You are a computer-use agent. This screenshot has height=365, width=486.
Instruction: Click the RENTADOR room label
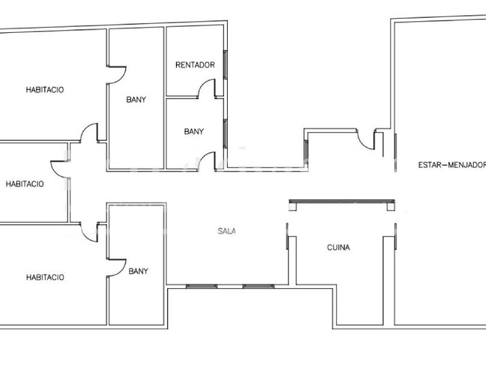point(195,65)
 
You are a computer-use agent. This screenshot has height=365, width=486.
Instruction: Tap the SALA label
point(227,231)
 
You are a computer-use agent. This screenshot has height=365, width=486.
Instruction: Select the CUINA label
point(338,248)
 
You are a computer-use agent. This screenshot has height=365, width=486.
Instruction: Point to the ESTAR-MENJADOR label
point(452,165)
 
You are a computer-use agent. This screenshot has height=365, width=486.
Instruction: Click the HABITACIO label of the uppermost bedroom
point(44,89)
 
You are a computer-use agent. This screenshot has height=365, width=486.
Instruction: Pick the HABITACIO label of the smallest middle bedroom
point(24,184)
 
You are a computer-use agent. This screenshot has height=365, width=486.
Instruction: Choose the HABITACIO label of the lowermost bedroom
point(45,277)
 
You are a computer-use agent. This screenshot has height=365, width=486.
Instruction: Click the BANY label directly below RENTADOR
point(194,131)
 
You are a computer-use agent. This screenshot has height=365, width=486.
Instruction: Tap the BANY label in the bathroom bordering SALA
point(139,271)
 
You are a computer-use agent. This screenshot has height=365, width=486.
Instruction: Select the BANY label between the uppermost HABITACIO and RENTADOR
point(136,100)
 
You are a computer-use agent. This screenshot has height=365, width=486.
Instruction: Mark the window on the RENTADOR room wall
point(225,64)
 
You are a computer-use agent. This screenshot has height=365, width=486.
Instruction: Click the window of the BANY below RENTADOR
point(225,134)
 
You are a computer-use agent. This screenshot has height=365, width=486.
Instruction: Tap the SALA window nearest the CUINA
point(259,286)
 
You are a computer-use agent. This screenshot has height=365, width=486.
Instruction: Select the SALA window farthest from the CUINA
point(202,286)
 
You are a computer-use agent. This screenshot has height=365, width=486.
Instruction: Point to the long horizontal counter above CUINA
point(342,202)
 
